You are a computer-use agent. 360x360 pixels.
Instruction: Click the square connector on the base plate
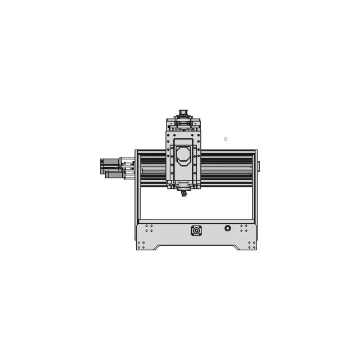(x=196, y=231)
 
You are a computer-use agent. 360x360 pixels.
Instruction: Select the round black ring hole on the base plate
(x=228, y=228)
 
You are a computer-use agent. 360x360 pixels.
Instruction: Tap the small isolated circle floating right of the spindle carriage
(x=226, y=139)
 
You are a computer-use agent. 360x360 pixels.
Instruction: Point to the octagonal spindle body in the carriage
(x=183, y=155)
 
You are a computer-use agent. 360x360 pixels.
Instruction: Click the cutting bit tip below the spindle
(x=184, y=195)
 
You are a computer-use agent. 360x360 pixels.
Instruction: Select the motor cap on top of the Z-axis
(x=183, y=112)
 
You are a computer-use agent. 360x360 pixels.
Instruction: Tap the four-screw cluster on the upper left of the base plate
(x=149, y=228)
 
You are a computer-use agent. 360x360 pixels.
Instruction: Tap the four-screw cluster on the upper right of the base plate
(x=244, y=228)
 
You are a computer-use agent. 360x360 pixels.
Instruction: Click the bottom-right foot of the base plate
(x=252, y=245)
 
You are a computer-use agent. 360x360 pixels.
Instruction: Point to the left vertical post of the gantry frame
(x=137, y=186)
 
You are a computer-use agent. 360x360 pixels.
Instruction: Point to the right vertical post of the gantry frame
(x=255, y=186)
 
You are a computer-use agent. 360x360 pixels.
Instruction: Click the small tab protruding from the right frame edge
(x=259, y=166)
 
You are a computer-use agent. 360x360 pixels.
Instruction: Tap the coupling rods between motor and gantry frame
(x=129, y=169)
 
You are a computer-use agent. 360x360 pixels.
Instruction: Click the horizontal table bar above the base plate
(x=196, y=221)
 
